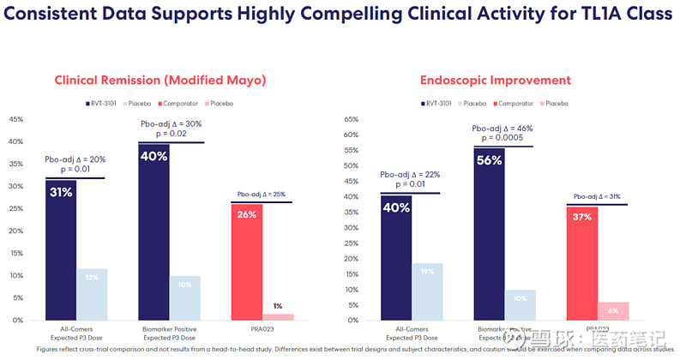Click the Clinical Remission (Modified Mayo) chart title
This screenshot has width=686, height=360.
pyautogui.click(x=160, y=81)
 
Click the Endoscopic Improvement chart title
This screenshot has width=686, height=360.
pyautogui.click(x=495, y=81)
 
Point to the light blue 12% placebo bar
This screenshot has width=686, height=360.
pyautogui.click(x=91, y=294)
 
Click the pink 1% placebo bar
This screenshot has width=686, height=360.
pyautogui.click(x=276, y=316)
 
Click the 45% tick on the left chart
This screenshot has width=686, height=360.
pyautogui.click(x=15, y=119)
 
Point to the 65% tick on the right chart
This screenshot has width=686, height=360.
pyautogui.click(x=350, y=135)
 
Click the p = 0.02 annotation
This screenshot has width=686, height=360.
pyautogui.click(x=171, y=135)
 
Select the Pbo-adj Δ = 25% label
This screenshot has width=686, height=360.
pyautogui.click(x=261, y=195)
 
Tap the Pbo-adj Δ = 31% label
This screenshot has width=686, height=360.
pyautogui.click(x=597, y=196)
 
